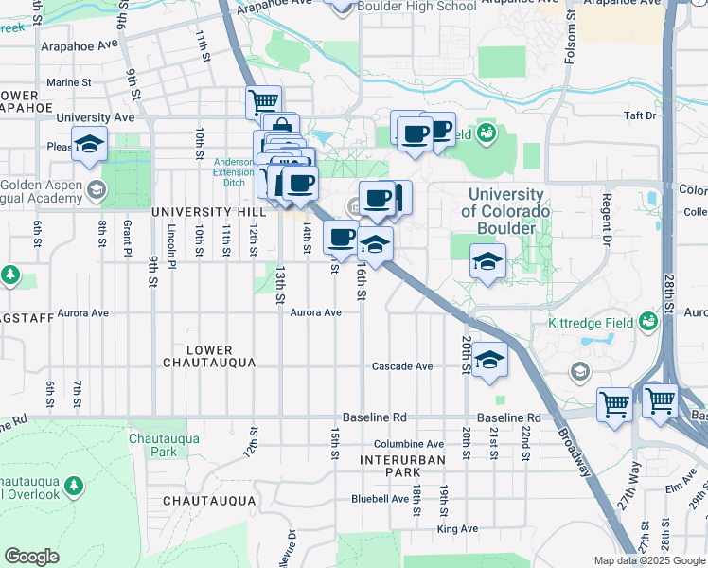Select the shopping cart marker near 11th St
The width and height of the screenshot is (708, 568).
[x=263, y=100]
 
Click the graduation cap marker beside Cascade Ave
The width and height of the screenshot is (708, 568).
[x=489, y=361]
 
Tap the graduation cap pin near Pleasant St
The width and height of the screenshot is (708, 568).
[x=90, y=145]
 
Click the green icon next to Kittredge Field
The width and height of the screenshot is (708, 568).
[x=648, y=322]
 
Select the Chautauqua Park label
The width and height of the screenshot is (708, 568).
[x=150, y=445]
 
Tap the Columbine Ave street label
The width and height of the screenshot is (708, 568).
[x=408, y=443]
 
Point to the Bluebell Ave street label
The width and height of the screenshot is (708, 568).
[x=380, y=498]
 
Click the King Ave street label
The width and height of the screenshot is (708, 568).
[x=457, y=529]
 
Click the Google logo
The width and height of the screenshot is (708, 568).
[x=31, y=557]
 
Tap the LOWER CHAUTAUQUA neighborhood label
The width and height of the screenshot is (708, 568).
[x=209, y=356]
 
